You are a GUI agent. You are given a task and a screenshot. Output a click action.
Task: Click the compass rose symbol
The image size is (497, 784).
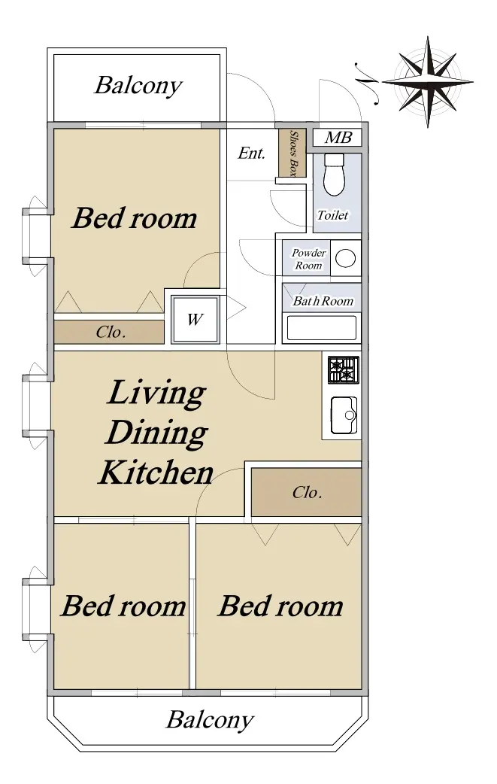(428, 81)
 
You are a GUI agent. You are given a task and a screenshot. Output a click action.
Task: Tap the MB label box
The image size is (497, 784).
(338, 138)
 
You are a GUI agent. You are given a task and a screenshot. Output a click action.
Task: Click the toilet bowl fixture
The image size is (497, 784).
(334, 174)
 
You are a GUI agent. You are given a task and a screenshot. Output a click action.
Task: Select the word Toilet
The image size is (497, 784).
(332, 215)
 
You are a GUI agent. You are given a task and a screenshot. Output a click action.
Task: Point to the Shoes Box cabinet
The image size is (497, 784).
(292, 153)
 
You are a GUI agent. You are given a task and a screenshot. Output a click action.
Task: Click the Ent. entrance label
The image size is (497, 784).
(251, 153)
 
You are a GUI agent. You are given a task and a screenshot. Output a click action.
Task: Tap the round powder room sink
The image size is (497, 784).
(345, 259)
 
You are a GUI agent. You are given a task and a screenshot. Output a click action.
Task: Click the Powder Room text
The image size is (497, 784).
(309, 259)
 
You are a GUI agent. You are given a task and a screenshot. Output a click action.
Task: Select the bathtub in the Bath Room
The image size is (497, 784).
(322, 327)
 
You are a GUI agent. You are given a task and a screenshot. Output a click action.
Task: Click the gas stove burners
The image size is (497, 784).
(344, 370)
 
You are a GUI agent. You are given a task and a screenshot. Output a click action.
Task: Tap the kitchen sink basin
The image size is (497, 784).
(344, 415)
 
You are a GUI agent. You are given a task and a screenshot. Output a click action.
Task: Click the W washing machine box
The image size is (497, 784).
(195, 320)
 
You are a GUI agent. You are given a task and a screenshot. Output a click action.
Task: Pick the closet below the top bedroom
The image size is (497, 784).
(109, 332)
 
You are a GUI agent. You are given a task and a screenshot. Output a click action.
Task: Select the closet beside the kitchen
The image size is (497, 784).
(306, 492)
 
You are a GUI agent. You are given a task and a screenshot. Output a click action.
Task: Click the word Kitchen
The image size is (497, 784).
(156, 472)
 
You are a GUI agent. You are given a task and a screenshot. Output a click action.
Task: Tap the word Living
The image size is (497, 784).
(156, 393)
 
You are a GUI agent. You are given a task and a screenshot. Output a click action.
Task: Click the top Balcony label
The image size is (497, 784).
(138, 86)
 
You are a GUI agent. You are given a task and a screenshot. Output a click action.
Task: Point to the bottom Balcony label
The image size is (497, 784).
(210, 720)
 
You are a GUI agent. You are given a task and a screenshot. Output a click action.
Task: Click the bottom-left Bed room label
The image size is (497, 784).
(123, 606)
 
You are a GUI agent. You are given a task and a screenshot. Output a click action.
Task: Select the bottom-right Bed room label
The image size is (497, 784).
(280, 606)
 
